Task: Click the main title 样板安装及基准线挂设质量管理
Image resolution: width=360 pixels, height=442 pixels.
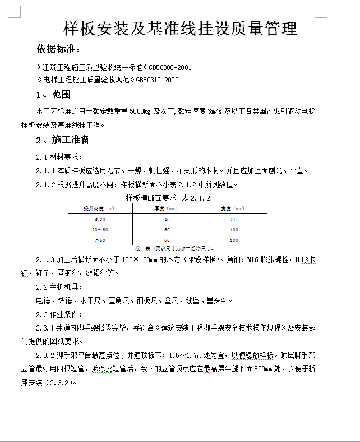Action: tap(179, 29)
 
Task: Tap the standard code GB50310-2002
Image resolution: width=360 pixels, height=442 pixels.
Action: tap(157, 80)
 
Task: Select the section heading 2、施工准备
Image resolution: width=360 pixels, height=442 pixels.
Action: tap(62, 139)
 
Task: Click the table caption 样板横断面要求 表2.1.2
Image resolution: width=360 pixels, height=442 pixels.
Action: tap(168, 198)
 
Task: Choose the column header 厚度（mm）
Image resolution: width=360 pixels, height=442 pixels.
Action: tap(167, 208)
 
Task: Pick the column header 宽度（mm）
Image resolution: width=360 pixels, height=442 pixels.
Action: tap(233, 208)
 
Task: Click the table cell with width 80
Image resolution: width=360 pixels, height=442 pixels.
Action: tap(233, 220)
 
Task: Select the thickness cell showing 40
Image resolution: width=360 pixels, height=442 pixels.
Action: tap(167, 220)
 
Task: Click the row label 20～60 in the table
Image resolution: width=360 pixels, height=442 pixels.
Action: tap(99, 230)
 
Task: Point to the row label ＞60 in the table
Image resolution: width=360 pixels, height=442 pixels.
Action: tap(99, 240)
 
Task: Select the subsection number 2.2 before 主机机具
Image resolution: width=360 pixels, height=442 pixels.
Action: tap(42, 287)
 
